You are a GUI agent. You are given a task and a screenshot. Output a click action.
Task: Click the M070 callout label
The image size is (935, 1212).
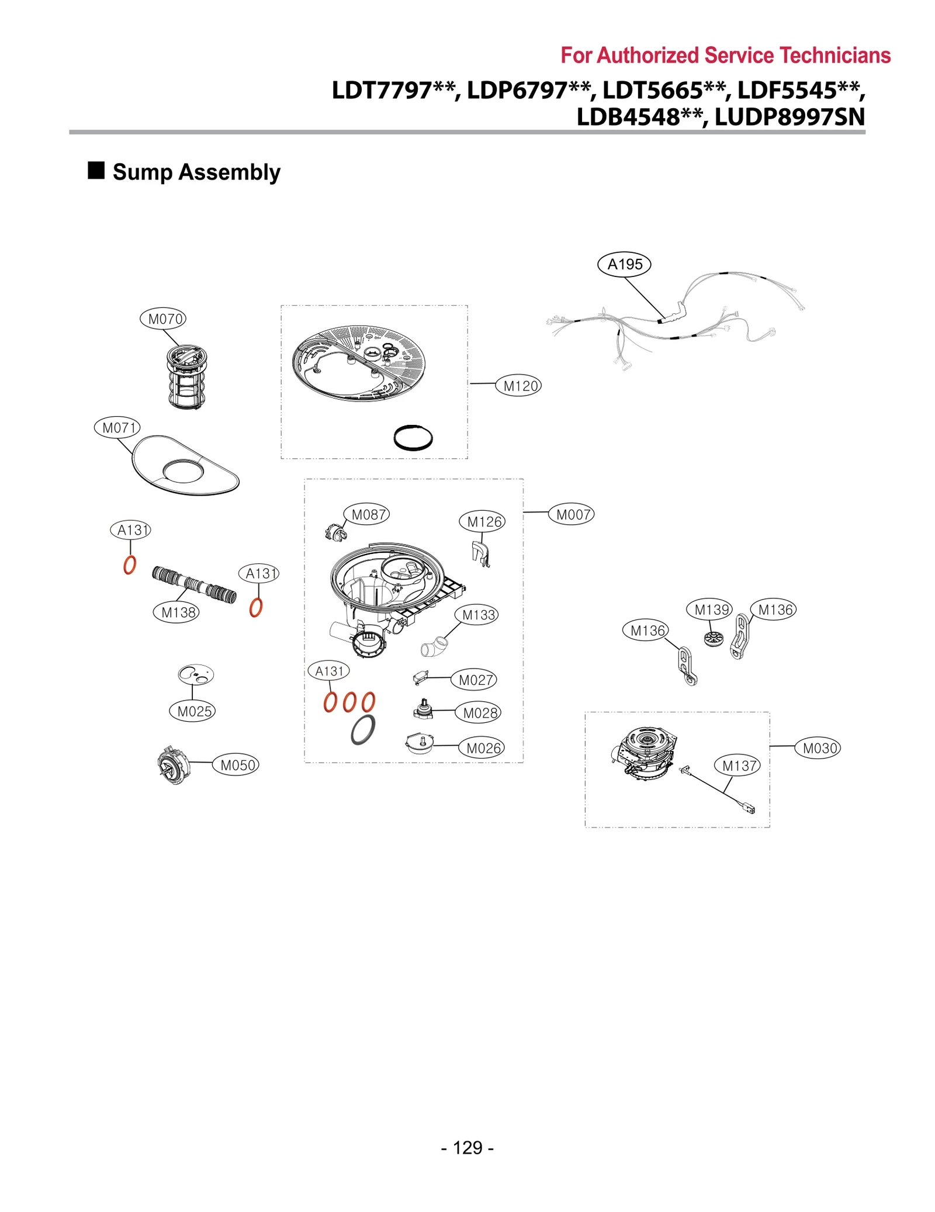tap(163, 319)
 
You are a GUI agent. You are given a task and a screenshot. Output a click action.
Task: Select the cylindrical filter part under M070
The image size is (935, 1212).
tap(186, 378)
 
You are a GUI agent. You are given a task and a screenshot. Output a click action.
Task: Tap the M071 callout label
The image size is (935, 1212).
tap(117, 428)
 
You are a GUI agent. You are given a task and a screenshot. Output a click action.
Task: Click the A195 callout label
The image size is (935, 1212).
tap(624, 264)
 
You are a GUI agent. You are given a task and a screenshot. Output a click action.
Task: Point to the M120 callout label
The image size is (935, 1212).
tap(518, 386)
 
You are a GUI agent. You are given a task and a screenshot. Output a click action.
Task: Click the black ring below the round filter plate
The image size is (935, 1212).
tap(413, 438)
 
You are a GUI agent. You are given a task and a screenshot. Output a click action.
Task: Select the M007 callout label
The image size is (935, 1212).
tap(571, 515)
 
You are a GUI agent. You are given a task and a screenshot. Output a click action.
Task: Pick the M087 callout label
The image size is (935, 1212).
tap(366, 514)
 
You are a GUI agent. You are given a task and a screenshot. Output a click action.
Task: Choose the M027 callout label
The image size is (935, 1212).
tap(474, 680)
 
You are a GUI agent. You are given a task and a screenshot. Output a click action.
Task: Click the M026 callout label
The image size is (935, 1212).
tap(482, 748)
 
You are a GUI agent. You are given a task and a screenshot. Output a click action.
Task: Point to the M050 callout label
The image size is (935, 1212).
tap(236, 765)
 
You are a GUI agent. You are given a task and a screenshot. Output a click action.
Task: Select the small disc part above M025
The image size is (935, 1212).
tap(196, 674)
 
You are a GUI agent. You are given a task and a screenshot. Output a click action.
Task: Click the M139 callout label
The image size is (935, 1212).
tap(709, 610)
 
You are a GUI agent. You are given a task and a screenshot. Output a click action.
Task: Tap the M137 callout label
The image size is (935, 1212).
tap(737, 766)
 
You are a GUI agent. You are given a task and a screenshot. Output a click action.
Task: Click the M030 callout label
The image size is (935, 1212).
tap(818, 748)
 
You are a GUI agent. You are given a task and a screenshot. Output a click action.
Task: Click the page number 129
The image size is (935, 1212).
tap(467, 1148)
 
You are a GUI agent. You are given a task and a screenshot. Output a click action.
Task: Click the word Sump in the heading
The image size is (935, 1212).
tap(142, 172)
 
